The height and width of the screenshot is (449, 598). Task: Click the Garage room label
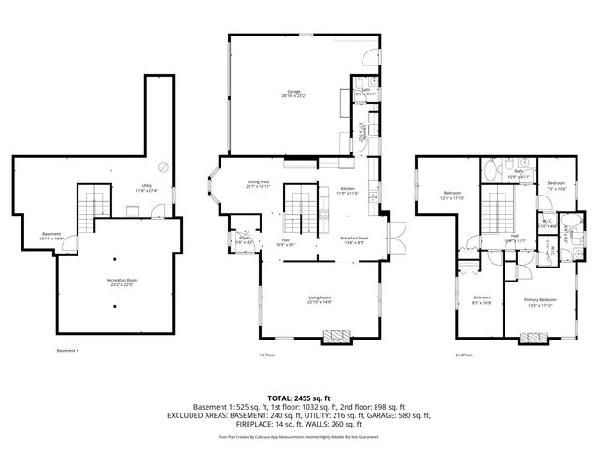pyautogui.click(x=293, y=93)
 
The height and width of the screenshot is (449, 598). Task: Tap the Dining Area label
pyautogui.click(x=258, y=184)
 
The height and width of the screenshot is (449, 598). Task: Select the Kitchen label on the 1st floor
pyautogui.click(x=348, y=192)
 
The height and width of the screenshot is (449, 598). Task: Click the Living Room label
pyautogui.click(x=320, y=300)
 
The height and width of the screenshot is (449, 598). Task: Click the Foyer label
pyautogui.click(x=243, y=239)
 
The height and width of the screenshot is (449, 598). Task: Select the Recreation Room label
pyautogui.click(x=116, y=283)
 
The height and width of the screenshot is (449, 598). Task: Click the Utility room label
pyautogui.click(x=148, y=188)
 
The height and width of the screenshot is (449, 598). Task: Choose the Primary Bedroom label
pyautogui.click(x=538, y=302)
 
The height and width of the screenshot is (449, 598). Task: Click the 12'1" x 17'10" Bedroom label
pyautogui.click(x=452, y=196)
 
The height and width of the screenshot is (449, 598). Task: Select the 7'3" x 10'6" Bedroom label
pyautogui.click(x=556, y=185)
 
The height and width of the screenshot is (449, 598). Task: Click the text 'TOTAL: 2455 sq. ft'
pyautogui.click(x=298, y=398)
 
